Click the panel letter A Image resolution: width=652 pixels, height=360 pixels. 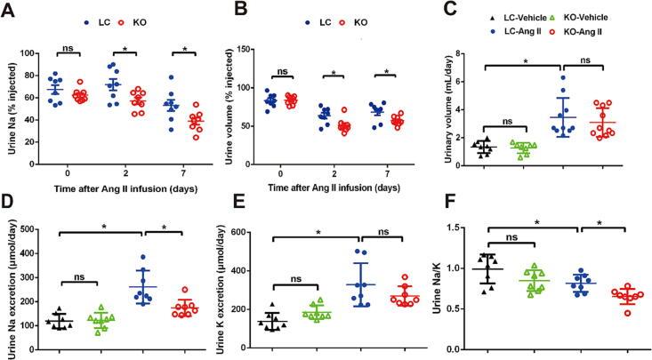click(x=9, y=11)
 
